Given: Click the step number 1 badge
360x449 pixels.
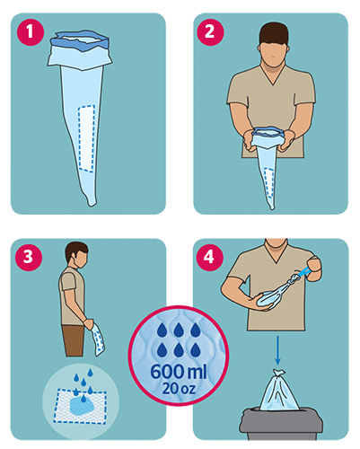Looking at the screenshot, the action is (x=30, y=31).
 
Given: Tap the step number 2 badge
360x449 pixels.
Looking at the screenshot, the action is (x=210, y=31).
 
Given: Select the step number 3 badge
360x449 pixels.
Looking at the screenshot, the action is (x=29, y=257).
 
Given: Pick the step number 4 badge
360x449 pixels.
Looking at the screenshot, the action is (x=209, y=257).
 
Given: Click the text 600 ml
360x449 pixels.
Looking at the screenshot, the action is (x=179, y=372).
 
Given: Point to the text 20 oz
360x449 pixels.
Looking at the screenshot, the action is (x=179, y=388).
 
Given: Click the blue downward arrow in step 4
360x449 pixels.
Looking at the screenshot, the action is (x=277, y=350).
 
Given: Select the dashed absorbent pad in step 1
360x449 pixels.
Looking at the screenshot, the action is (x=87, y=138).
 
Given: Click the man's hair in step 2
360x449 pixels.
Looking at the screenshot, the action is (x=274, y=32).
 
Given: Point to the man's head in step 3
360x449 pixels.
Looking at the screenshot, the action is (x=77, y=255).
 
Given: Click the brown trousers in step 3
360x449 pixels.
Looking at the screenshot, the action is (x=74, y=340).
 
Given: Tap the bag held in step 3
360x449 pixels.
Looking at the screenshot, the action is (x=98, y=339).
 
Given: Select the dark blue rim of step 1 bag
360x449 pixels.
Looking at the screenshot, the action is (x=80, y=39).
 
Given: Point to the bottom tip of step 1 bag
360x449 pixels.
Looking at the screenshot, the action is (x=92, y=206).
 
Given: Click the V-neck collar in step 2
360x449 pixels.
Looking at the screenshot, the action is (x=273, y=75).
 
